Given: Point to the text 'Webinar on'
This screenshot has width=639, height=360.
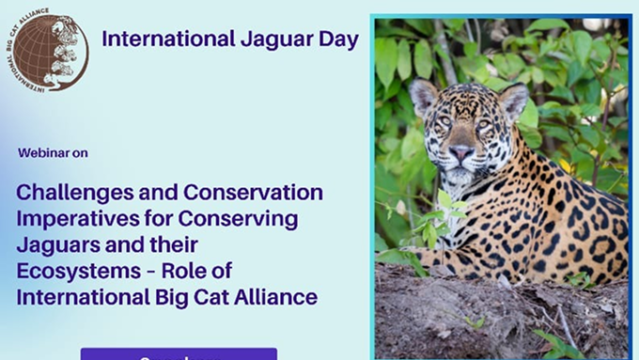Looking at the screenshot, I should click(53, 152).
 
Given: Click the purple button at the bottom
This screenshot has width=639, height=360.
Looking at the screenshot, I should click(179, 354).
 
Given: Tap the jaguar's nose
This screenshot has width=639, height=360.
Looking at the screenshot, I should click(461, 151).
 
